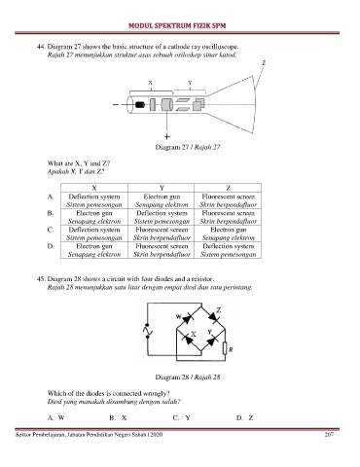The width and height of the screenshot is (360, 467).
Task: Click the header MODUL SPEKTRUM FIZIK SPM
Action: [177, 25]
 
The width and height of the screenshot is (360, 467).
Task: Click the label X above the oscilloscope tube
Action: [150, 83]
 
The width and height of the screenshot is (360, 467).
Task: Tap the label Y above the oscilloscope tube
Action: [190, 83]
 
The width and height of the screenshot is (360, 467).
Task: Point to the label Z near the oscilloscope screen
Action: [264, 63]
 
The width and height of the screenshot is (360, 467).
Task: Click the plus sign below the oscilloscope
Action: [166, 136]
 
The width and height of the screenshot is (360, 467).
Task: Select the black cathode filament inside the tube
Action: [140, 105]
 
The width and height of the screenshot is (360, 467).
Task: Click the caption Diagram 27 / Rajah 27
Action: [188, 147]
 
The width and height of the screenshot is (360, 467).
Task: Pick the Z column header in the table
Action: [228, 188]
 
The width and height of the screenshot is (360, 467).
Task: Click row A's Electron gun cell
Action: [162, 200]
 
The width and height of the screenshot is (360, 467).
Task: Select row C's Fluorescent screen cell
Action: [162, 233]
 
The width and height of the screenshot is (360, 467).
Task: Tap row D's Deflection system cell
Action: [228, 250]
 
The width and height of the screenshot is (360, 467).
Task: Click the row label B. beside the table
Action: [51, 213]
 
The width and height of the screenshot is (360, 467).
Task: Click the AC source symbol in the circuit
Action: [148, 331]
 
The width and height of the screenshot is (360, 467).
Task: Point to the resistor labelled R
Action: [225, 348]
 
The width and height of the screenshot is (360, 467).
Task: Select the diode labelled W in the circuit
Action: [188, 318]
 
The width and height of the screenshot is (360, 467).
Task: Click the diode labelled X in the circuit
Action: [188, 340]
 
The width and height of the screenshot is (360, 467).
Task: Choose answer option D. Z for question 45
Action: [244, 417]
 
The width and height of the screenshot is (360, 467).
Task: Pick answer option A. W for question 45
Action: [56, 417]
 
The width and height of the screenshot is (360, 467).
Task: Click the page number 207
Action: [329, 435]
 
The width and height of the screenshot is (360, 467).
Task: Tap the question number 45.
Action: [41, 279]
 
